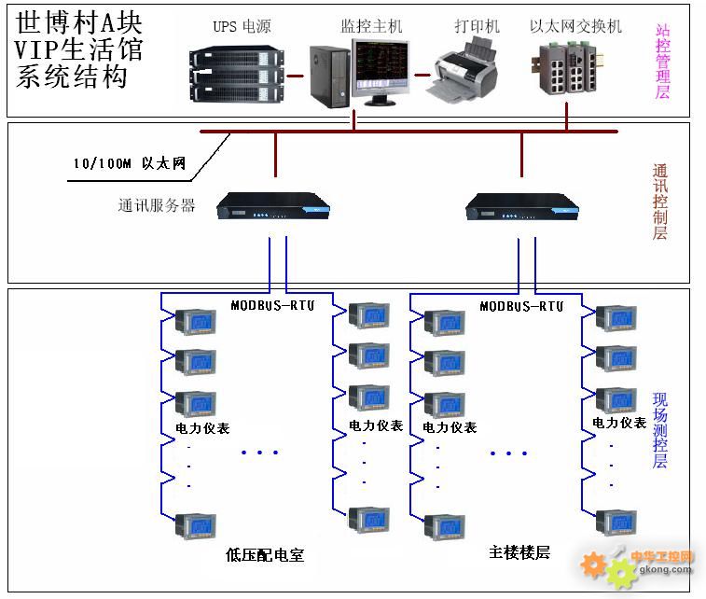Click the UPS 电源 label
point(242,26)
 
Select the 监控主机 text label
point(371,26)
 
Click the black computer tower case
point(328,74)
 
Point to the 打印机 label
point(477,26)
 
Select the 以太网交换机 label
point(575,26)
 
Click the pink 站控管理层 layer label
point(663,60)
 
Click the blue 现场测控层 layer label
point(660,430)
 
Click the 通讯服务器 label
point(157,206)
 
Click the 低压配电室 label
point(265,555)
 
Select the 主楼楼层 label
point(519,551)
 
